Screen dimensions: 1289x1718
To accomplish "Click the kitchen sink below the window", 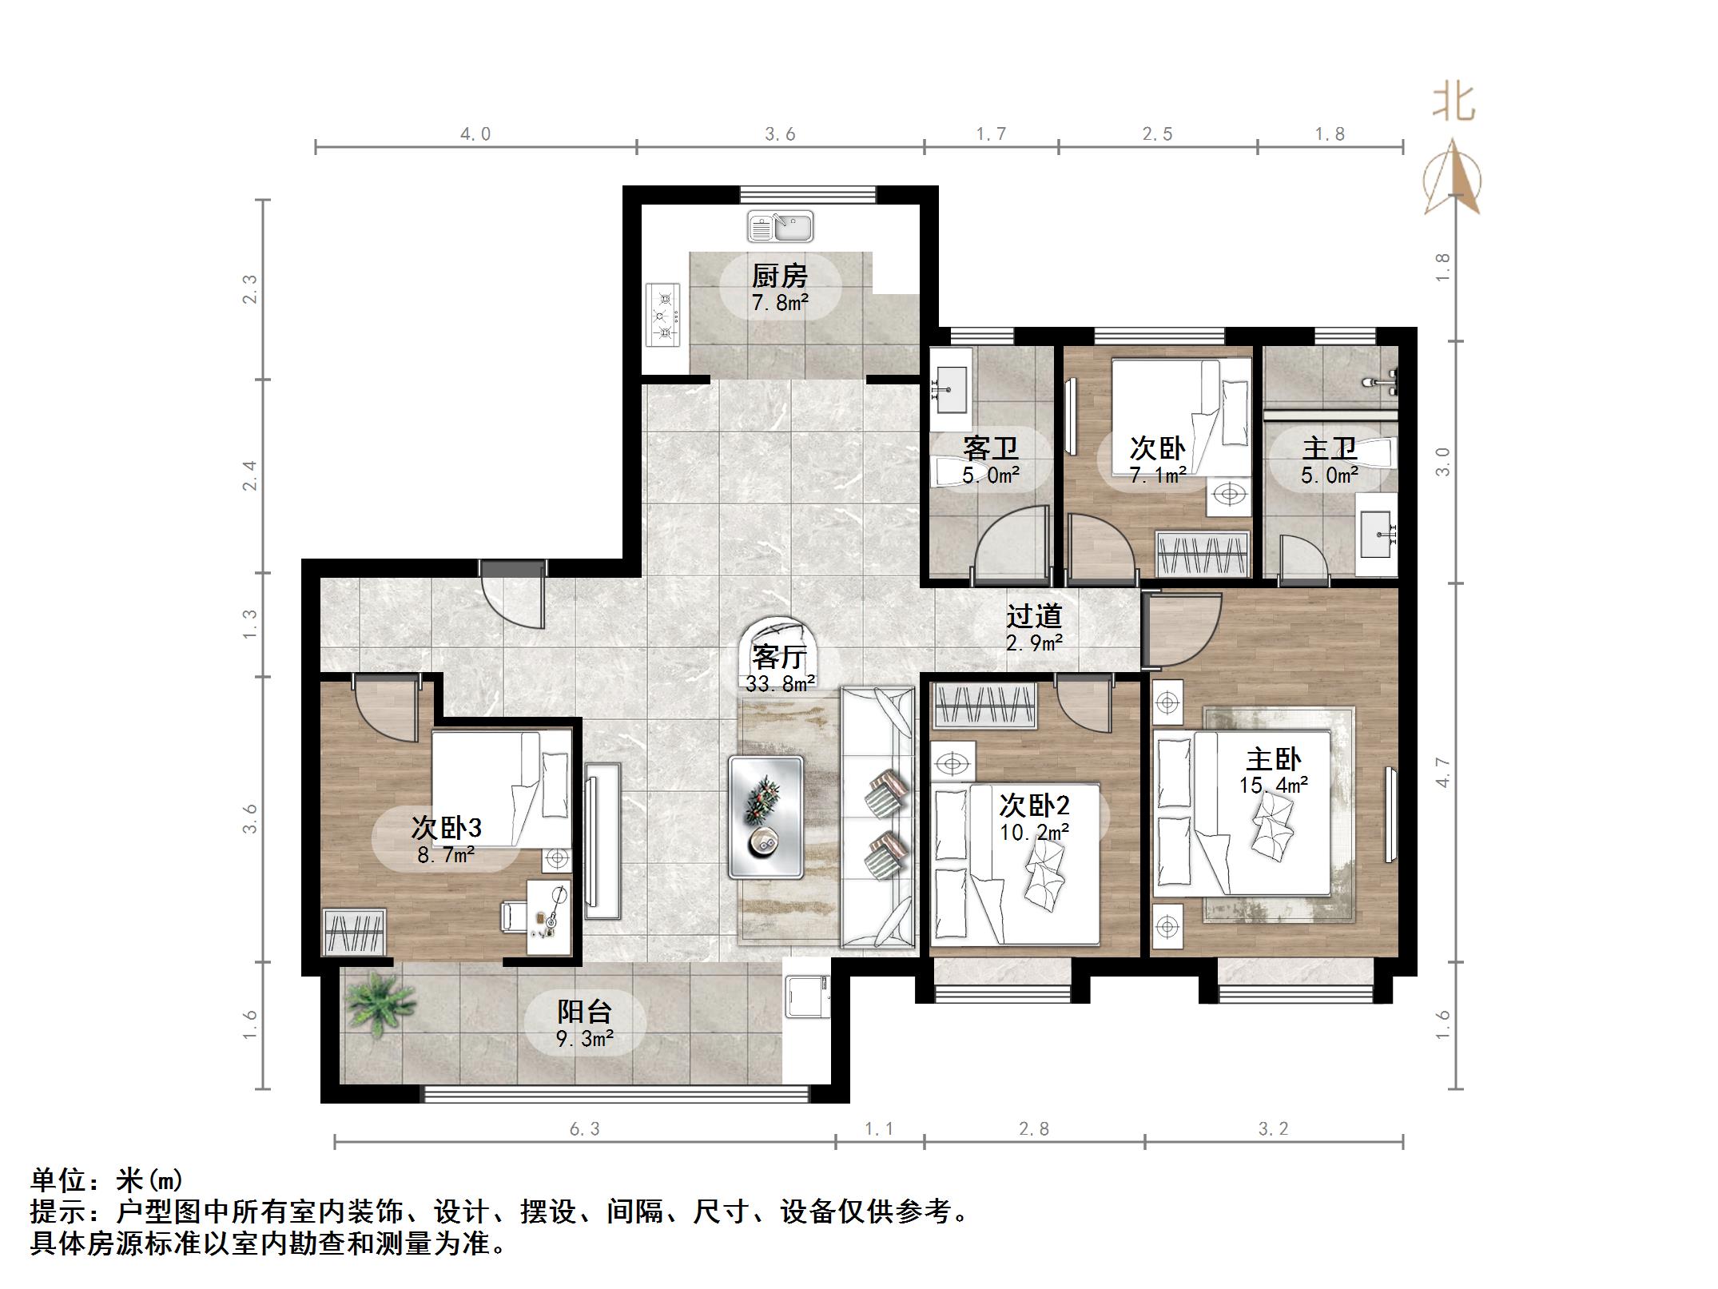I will click(780, 227).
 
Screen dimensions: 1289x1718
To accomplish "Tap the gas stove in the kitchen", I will click(663, 315).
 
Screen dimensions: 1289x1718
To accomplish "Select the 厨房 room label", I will click(779, 276).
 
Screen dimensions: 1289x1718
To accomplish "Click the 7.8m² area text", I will click(779, 303).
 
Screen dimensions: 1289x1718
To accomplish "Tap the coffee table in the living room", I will click(766, 817).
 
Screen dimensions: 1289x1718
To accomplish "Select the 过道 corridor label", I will click(1033, 615).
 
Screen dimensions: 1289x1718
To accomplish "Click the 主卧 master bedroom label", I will click(1273, 758).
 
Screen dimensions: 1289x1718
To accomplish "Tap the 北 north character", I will click(1453, 103).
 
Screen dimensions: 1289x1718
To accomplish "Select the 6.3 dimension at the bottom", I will click(584, 1129).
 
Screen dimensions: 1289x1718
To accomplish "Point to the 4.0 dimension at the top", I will click(475, 134).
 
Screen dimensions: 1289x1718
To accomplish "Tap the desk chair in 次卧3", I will click(512, 915).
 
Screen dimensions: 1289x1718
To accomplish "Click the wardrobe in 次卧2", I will click(985, 705).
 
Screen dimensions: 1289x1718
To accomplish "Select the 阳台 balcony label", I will click(584, 1012).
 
